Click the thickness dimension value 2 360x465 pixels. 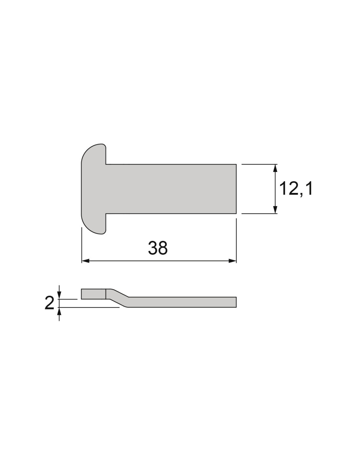pos(49,303)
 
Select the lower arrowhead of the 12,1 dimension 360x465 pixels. pos(276,210)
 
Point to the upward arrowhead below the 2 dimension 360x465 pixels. pos(59,311)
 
